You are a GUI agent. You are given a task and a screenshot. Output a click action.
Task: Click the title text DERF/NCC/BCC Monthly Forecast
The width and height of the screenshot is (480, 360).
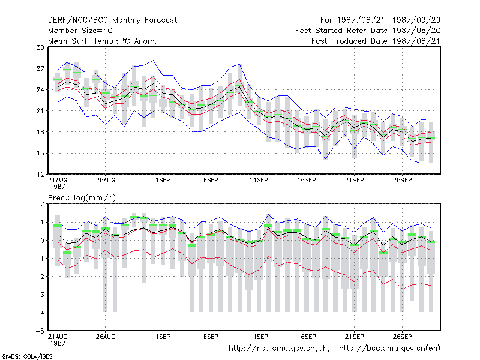pyautogui.click(x=112, y=20)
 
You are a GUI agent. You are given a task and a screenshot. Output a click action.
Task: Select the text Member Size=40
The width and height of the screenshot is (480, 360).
pyautogui.click(x=80, y=31)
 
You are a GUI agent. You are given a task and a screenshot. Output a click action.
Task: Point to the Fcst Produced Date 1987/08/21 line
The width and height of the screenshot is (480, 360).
pyautogui.click(x=376, y=41)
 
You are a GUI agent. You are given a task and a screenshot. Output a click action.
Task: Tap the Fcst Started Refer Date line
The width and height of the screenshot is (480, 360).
pyautogui.click(x=368, y=31)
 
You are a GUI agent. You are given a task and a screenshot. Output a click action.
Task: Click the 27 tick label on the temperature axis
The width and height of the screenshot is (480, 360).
pyautogui.click(x=40, y=68)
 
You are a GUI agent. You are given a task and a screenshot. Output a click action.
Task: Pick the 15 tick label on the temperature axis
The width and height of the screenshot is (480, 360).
pyautogui.click(x=40, y=154)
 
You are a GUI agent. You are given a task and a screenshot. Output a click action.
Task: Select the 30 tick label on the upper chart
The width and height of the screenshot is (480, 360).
pyautogui.click(x=40, y=47)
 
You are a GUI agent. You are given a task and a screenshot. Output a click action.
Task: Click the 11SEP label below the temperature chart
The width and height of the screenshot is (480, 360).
pyautogui.click(x=259, y=181)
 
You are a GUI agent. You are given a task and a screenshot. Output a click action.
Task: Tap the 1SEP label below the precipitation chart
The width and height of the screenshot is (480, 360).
pyautogui.click(x=163, y=337)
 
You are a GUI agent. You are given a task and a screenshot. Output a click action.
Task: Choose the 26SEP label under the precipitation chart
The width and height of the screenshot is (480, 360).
pyautogui.click(x=402, y=337)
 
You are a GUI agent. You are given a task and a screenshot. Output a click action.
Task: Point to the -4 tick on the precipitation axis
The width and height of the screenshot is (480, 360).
pyautogui.click(x=40, y=313)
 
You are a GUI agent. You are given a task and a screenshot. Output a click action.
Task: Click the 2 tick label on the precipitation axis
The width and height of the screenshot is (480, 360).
pyautogui.click(x=42, y=204)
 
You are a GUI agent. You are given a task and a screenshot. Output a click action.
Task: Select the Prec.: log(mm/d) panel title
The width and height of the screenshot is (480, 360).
pyautogui.click(x=82, y=198)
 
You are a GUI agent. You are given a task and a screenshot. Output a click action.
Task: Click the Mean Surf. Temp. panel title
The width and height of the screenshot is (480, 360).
pyautogui.click(x=103, y=41)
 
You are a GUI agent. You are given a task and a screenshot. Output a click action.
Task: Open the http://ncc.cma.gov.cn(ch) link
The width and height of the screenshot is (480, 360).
pyautogui.click(x=279, y=349)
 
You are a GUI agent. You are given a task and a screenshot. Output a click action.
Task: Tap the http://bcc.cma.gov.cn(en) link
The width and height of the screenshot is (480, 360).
pyautogui.click(x=389, y=349)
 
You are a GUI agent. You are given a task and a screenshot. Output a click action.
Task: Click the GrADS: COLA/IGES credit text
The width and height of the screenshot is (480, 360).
pyautogui.click(x=27, y=356)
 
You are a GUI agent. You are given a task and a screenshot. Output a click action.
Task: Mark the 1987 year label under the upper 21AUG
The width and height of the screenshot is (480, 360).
pyautogui.click(x=58, y=187)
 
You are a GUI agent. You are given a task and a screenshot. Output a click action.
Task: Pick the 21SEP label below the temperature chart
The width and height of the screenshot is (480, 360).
pyautogui.click(x=355, y=181)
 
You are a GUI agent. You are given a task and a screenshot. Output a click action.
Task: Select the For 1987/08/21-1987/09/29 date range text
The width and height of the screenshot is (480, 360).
pyautogui.click(x=380, y=20)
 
